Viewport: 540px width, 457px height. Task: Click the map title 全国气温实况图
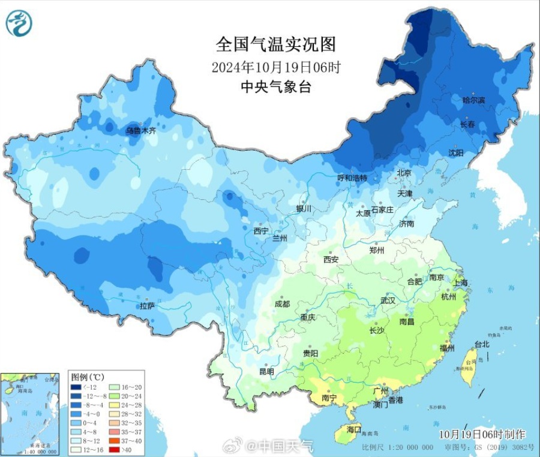[x=275, y=44]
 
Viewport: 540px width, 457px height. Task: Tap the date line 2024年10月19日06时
[x=276, y=66]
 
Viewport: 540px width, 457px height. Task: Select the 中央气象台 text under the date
[x=275, y=86]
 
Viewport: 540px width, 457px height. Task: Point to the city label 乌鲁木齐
[x=140, y=130]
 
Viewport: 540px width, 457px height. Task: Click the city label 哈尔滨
[x=473, y=100]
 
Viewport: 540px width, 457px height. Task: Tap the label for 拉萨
[x=148, y=306]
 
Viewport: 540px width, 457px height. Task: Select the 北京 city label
[x=404, y=173]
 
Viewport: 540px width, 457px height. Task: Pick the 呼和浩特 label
[x=352, y=178]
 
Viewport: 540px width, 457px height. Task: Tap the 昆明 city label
[x=266, y=372]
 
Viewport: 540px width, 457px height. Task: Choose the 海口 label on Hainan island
[x=354, y=430]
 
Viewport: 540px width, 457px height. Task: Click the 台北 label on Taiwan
[x=482, y=344]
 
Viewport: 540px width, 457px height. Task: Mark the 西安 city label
[x=331, y=259]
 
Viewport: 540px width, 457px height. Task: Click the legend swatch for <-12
[x=76, y=389]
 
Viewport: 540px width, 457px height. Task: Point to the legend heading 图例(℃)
[x=88, y=377]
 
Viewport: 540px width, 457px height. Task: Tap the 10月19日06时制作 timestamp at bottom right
[x=482, y=434]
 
